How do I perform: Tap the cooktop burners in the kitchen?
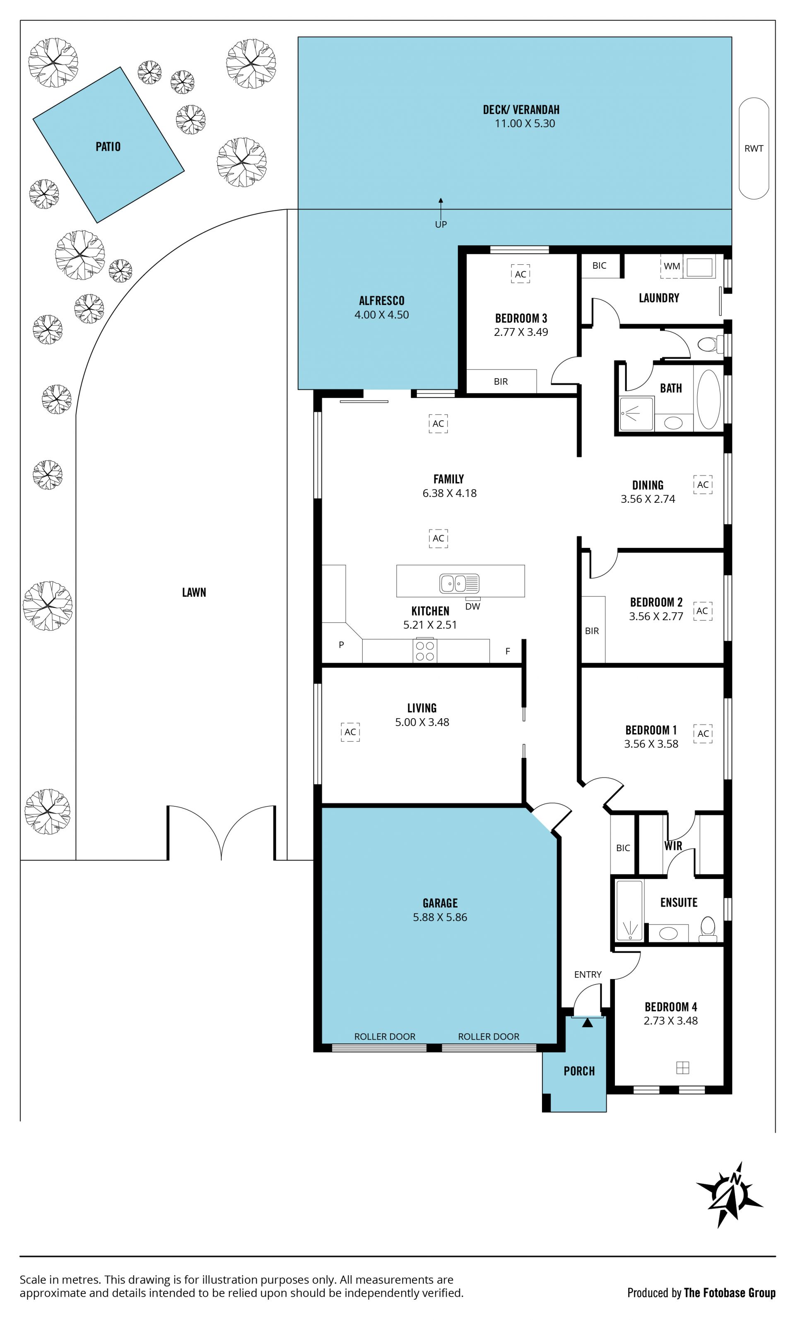tap(425, 651)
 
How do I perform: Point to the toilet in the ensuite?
tap(708, 928)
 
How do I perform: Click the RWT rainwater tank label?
tap(754, 148)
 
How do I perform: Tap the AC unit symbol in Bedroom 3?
tap(520, 274)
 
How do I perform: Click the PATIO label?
tap(108, 147)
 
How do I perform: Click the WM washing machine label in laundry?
tap(672, 266)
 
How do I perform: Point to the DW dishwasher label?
tap(472, 606)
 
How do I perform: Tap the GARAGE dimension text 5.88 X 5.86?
tap(440, 917)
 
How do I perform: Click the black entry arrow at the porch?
tap(588, 1023)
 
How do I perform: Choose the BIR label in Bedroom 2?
tap(592, 631)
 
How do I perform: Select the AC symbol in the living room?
tap(350, 732)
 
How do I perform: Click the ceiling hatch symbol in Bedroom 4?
tap(682, 1068)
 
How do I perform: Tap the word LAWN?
tap(194, 593)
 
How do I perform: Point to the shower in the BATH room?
tap(636, 414)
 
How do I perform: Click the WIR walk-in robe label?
tap(673, 846)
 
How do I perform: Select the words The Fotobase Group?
tap(730, 1293)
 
